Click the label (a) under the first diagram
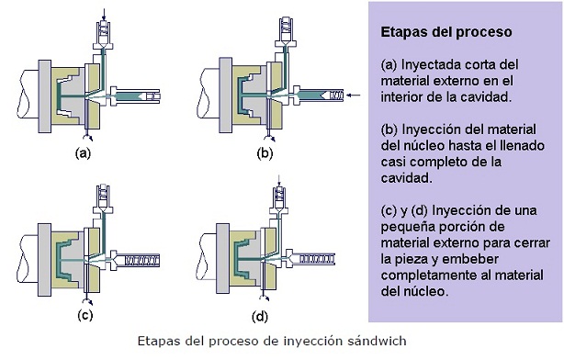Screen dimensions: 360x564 click(83, 153)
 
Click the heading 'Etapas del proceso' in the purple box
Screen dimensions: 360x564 click(446, 32)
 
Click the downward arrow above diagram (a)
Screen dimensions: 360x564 click(102, 12)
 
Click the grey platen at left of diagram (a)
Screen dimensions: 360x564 click(42, 92)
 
